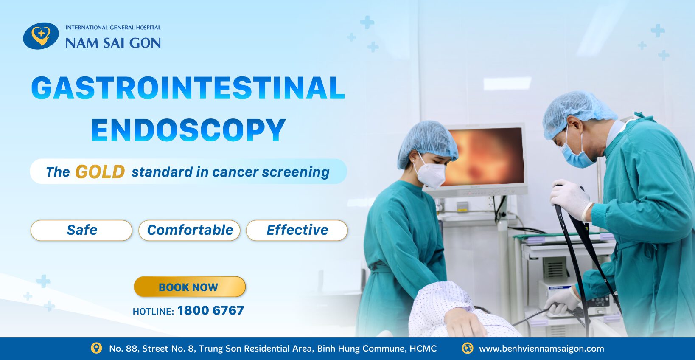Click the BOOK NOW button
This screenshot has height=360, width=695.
point(190,287)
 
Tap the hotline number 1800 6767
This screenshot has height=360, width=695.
point(211,310)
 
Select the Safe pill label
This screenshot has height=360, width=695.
point(81,230)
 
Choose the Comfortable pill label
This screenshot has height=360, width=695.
point(189,230)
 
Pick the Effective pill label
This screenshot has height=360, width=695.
point(297,230)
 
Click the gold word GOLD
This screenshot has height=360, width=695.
point(100,172)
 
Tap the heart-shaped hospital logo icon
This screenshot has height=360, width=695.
point(41,36)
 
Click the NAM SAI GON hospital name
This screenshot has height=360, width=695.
point(113,43)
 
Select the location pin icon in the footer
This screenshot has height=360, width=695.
point(96,348)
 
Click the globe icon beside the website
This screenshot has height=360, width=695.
point(467,348)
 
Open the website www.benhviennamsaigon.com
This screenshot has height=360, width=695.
point(541,349)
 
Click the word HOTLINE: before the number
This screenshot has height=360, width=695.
point(153,311)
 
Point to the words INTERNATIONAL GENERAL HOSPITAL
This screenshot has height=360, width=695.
point(113,27)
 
